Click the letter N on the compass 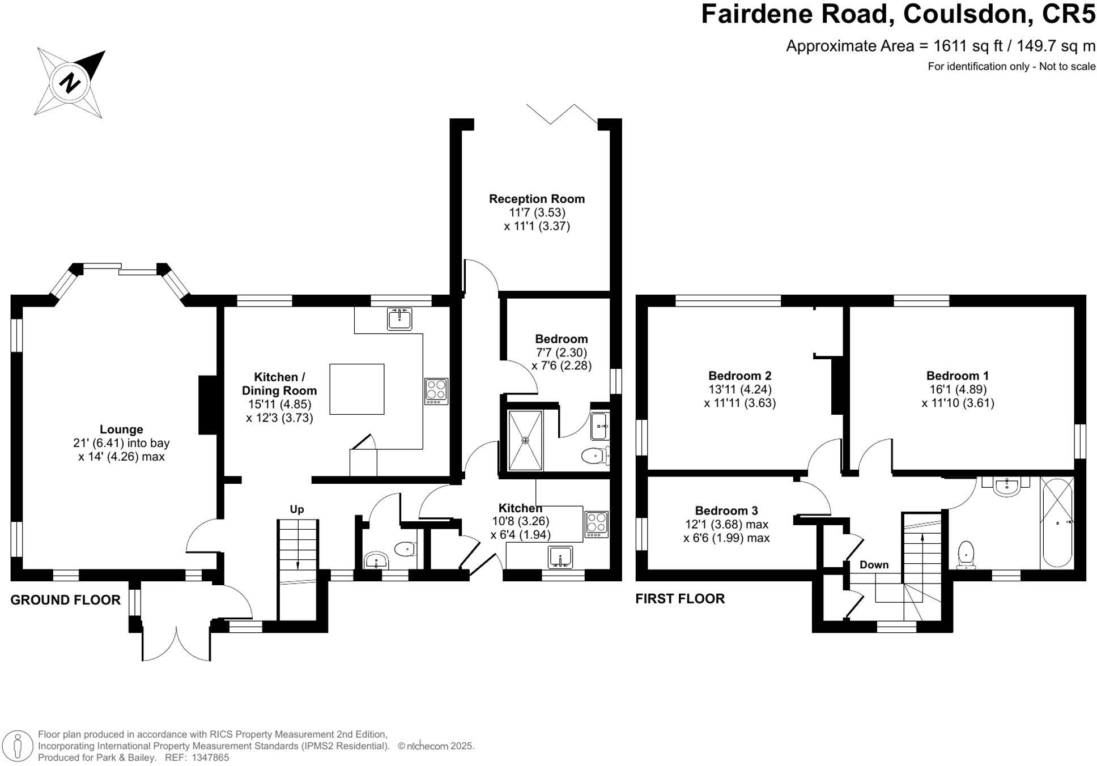(71, 83)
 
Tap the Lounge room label (121, 429)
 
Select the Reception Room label (537, 199)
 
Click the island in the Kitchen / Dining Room (356, 389)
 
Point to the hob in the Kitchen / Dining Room (436, 391)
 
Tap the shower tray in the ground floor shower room (525, 440)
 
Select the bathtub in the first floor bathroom (1057, 522)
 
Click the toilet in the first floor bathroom (966, 554)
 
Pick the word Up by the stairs (297, 509)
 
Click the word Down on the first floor (874, 565)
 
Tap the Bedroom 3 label (726, 510)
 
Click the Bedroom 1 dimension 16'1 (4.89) (958, 389)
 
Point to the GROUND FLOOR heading (65, 600)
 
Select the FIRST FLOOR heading (680, 599)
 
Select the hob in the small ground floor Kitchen (596, 525)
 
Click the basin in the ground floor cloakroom (376, 561)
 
